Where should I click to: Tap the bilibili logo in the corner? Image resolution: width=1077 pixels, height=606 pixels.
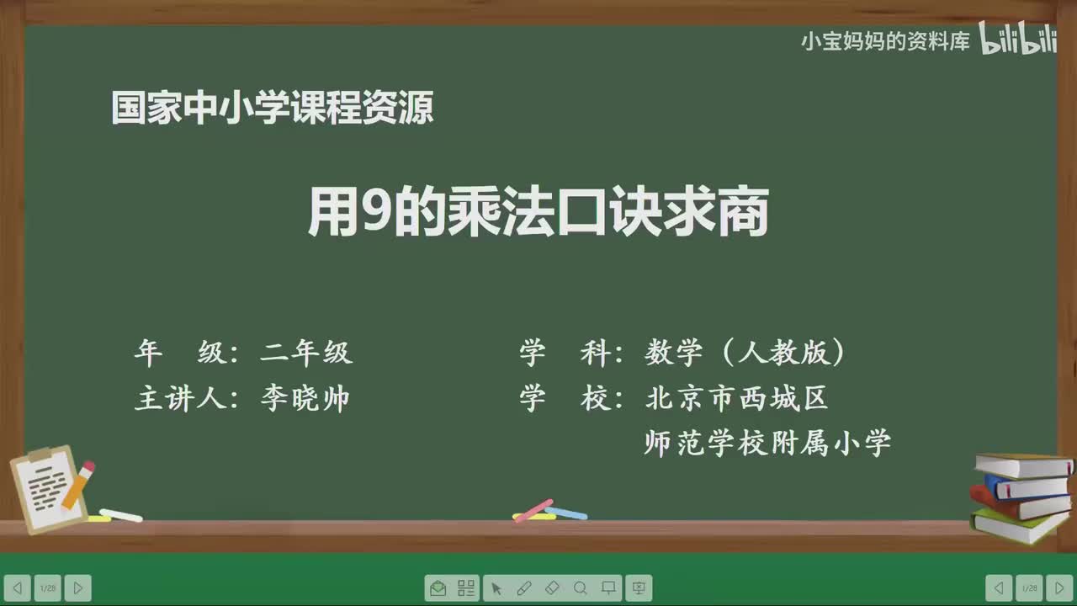click(1017, 40)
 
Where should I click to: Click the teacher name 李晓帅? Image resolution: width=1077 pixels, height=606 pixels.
click(305, 399)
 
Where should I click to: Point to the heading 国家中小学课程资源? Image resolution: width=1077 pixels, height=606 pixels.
click(273, 109)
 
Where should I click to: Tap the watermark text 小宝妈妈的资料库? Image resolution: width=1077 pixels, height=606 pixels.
click(885, 41)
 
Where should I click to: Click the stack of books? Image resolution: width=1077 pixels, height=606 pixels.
click(1020, 497)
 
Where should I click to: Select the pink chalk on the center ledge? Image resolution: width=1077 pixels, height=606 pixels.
click(533, 509)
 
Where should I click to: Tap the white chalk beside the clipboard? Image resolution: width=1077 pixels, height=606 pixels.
click(120, 514)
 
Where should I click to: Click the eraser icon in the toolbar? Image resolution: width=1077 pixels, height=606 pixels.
click(552, 588)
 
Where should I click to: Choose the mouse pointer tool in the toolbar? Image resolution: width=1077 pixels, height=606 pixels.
click(496, 588)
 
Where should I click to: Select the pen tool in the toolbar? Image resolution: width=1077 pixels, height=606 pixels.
click(523, 588)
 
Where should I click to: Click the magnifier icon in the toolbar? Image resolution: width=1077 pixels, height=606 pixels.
click(581, 588)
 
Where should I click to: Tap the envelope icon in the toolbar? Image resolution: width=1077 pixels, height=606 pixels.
click(438, 588)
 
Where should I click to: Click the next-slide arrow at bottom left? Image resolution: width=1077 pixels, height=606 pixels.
click(77, 588)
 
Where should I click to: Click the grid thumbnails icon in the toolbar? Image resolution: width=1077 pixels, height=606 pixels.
click(466, 588)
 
